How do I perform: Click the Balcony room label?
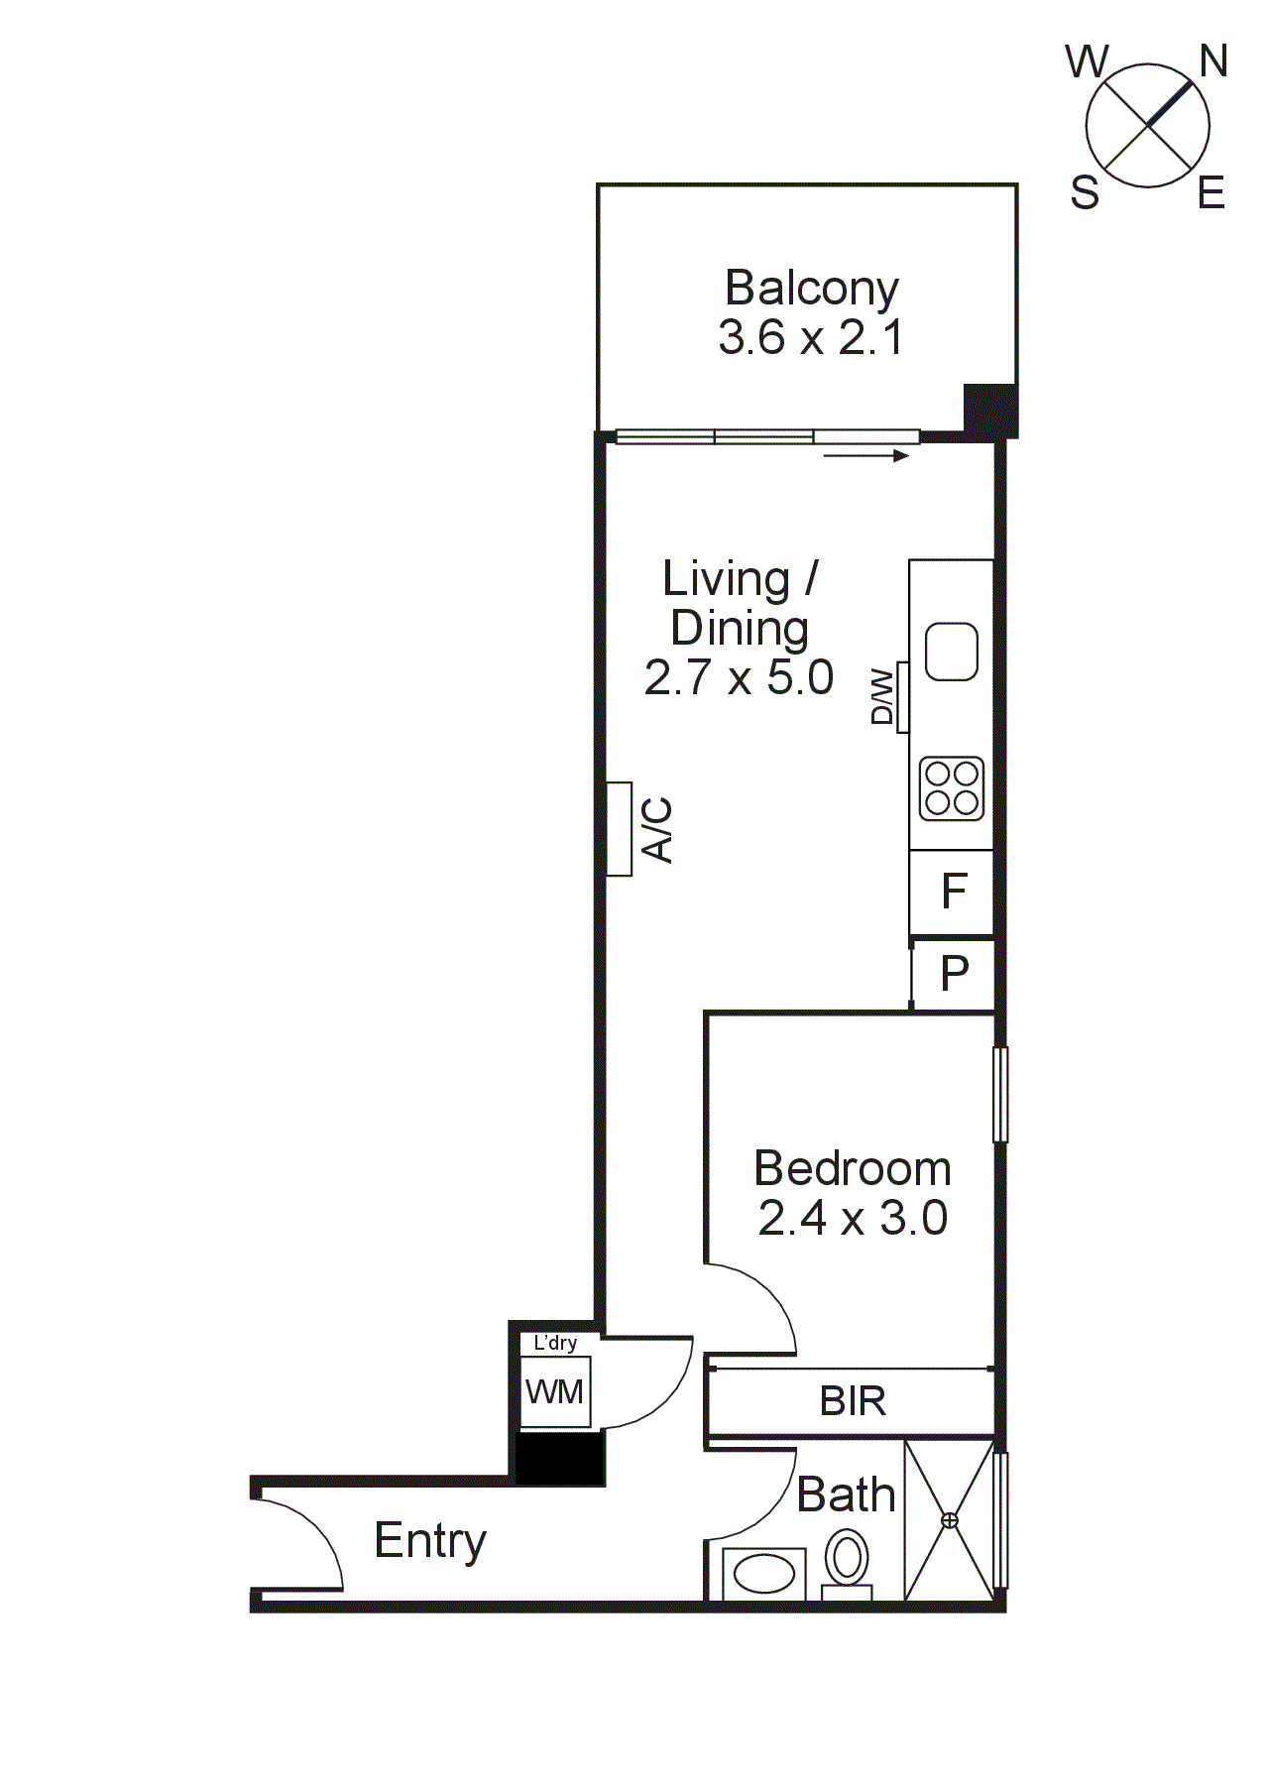(x=811, y=289)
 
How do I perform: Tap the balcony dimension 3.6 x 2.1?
(x=811, y=337)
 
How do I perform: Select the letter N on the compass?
(x=1213, y=61)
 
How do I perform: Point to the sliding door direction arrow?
(x=865, y=456)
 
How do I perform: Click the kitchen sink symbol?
(x=952, y=652)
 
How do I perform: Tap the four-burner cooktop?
(x=952, y=788)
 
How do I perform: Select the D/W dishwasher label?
(x=882, y=697)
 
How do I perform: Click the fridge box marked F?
(x=953, y=892)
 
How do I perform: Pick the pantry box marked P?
(x=954, y=974)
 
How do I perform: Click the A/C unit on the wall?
(x=620, y=829)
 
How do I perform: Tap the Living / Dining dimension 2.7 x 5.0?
(x=739, y=677)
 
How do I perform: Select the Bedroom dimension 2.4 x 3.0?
(x=853, y=1218)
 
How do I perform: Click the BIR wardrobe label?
(x=853, y=1401)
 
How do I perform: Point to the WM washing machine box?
(x=555, y=1392)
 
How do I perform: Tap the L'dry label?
(x=555, y=1343)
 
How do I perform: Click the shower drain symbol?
(x=950, y=1520)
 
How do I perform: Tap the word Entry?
(x=430, y=1541)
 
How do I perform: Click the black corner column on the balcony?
(x=990, y=409)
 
